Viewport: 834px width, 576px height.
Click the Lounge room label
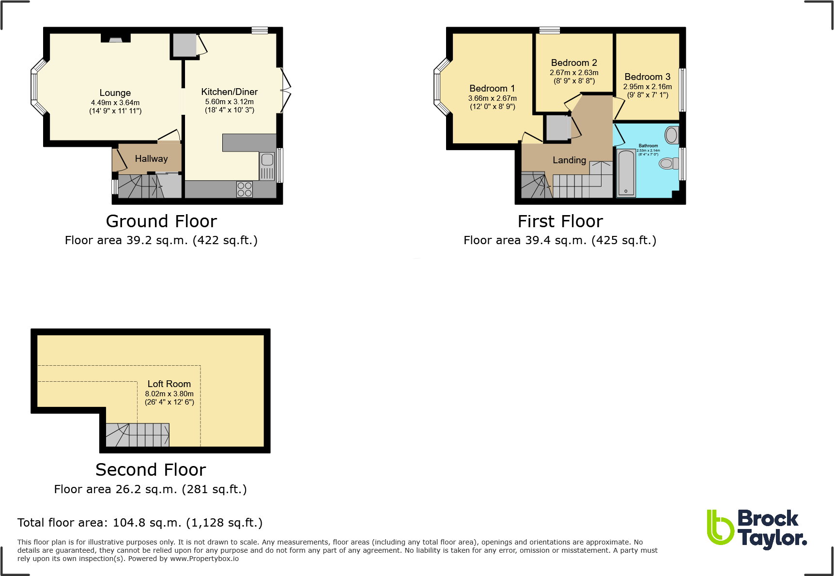tap(115, 93)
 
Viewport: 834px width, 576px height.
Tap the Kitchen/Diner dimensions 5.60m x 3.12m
tap(229, 102)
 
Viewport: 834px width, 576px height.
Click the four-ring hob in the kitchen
tap(245, 189)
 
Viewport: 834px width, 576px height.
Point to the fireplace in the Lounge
tap(116, 38)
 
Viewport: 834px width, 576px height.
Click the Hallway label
tap(151, 158)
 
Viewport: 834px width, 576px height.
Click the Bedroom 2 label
tap(574, 62)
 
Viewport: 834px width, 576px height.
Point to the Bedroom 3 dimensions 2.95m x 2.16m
tap(647, 87)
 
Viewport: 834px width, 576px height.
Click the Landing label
tap(569, 160)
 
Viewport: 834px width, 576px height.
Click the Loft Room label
tap(169, 384)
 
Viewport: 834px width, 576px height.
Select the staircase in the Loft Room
tap(138, 435)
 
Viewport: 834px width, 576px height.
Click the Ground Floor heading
tap(161, 221)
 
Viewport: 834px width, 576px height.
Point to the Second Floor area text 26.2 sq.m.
tap(150, 489)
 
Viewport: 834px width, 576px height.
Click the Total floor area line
tap(140, 523)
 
